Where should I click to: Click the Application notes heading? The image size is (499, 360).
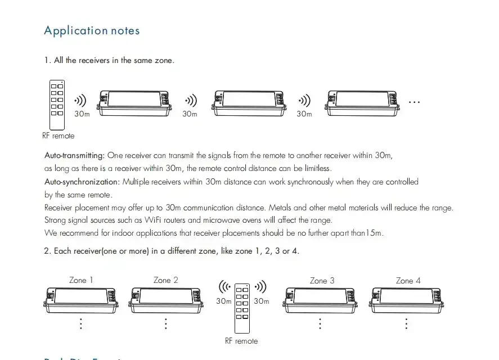click(92, 31)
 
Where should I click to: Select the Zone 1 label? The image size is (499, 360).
click(81, 280)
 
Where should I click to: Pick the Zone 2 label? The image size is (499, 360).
click(165, 280)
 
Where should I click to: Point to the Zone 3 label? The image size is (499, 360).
click(322, 280)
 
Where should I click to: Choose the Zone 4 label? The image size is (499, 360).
click(408, 280)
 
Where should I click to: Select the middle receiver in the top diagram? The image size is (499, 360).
click(248, 103)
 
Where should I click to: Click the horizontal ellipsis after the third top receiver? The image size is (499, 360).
click(415, 102)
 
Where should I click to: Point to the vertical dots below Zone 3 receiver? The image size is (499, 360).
click(320, 324)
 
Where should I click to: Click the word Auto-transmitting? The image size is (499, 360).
click(74, 155)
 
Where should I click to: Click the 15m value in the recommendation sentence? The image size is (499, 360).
click(375, 233)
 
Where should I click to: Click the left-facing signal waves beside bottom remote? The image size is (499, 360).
click(224, 287)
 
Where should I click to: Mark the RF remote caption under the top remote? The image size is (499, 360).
click(58, 136)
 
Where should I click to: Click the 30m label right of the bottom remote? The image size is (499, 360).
click(261, 301)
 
